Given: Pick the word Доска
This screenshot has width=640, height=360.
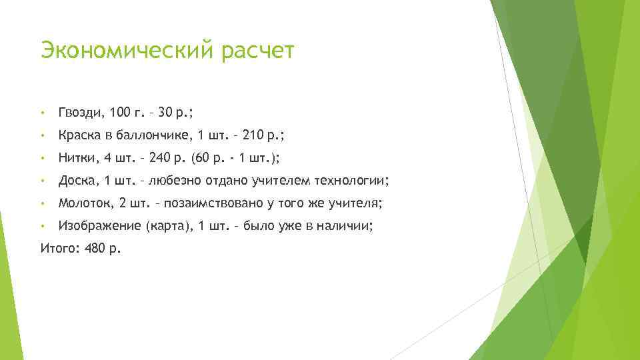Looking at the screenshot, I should (77, 181).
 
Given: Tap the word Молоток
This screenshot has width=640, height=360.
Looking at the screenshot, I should (84, 203).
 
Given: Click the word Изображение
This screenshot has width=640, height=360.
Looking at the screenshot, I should (99, 226).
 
